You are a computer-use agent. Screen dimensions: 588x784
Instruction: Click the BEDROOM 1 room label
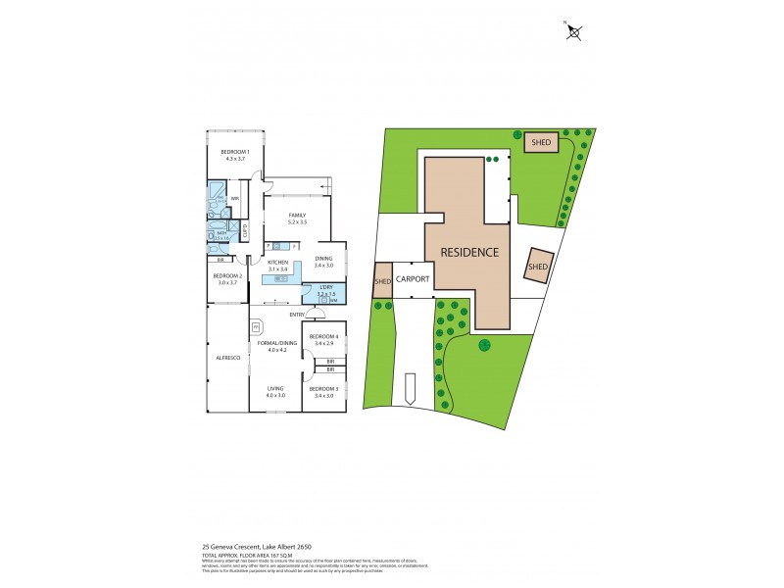234,153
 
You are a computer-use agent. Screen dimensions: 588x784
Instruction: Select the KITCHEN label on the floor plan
277,265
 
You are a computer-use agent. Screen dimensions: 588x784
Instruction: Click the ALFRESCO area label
228,358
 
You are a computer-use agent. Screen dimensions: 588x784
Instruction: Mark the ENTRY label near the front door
297,315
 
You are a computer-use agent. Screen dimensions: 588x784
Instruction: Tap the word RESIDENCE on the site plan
468,252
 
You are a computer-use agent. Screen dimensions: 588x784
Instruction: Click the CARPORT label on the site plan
414,277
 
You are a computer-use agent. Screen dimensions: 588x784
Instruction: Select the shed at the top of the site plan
540,142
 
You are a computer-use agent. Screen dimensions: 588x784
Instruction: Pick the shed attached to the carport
382,281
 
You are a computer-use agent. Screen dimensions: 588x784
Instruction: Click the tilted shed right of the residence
538,267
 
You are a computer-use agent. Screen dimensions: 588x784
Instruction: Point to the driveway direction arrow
409,388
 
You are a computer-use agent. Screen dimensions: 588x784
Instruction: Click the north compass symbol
575,31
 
